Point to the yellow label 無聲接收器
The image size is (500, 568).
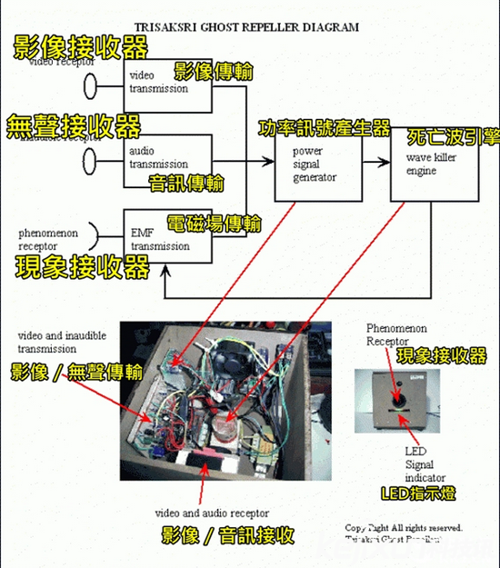74,125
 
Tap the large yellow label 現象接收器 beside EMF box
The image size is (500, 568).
83,267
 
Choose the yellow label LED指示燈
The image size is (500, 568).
419,493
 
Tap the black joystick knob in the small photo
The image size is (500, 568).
397,396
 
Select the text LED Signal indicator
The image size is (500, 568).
419,463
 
